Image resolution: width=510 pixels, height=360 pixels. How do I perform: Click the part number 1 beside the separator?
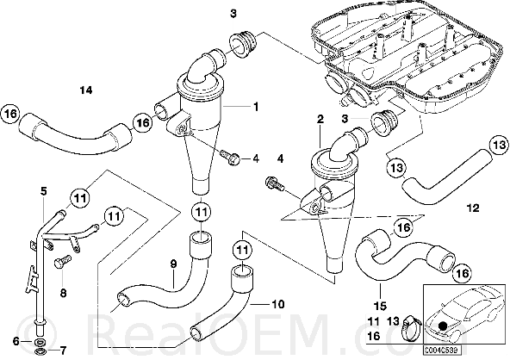point(257,106)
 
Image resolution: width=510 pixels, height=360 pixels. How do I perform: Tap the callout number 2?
point(320,120)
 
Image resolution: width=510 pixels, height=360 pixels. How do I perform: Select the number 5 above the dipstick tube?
point(44,191)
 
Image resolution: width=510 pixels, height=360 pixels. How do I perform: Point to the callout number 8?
point(63,293)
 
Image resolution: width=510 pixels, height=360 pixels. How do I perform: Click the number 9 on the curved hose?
point(173,264)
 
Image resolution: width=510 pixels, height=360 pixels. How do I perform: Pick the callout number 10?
point(277,304)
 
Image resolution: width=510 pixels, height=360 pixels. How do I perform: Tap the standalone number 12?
point(473,208)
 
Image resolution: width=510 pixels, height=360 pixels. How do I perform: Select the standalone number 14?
point(86,90)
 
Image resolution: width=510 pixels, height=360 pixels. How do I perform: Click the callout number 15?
point(380,306)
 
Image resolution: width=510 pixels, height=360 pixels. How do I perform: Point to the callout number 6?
point(16,341)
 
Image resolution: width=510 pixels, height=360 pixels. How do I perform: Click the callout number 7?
point(63,351)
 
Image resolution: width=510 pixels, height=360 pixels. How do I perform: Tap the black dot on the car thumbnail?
point(442,326)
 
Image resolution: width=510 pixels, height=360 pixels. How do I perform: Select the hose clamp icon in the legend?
point(412,328)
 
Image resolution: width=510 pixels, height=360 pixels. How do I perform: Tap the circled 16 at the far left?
point(10,115)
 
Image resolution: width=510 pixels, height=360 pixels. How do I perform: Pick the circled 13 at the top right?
point(498,145)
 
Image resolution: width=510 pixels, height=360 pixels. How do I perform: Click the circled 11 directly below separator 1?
point(201,213)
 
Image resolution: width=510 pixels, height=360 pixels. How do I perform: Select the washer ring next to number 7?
point(40,351)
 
